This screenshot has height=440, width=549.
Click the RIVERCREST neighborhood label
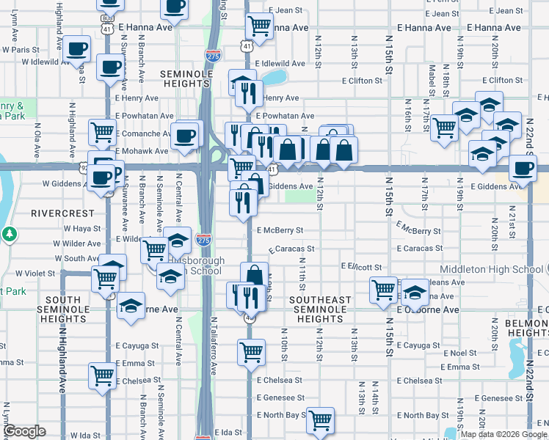[62, 213]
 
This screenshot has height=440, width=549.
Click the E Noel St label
[459, 353]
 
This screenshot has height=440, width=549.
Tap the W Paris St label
[21, 50]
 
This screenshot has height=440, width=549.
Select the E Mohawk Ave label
[142, 150]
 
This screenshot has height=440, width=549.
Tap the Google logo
[25, 431]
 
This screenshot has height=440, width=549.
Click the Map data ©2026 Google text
[503, 434]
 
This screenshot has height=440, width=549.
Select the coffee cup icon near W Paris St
[76, 49]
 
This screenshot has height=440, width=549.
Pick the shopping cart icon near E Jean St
[260, 26]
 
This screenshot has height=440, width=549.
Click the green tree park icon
[10, 235]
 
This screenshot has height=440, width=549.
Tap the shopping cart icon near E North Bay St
[320, 420]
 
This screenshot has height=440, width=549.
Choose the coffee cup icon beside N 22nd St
[523, 168]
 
